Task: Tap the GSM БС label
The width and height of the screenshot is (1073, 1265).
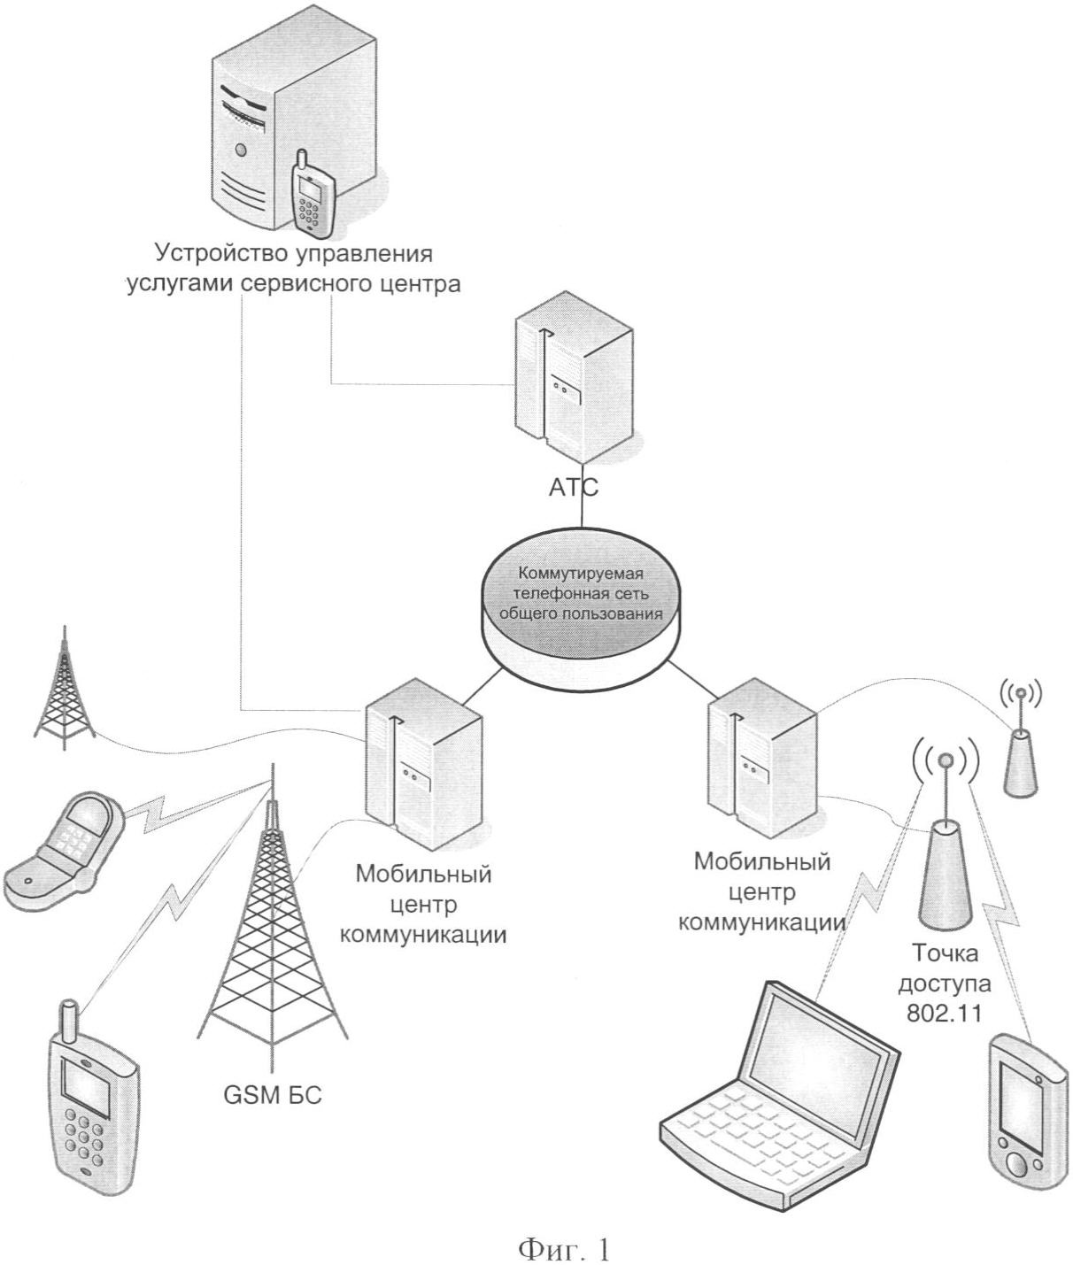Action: (x=272, y=1096)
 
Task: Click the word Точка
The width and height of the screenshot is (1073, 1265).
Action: (x=946, y=955)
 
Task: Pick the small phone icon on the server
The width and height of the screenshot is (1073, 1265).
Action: (x=313, y=195)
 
